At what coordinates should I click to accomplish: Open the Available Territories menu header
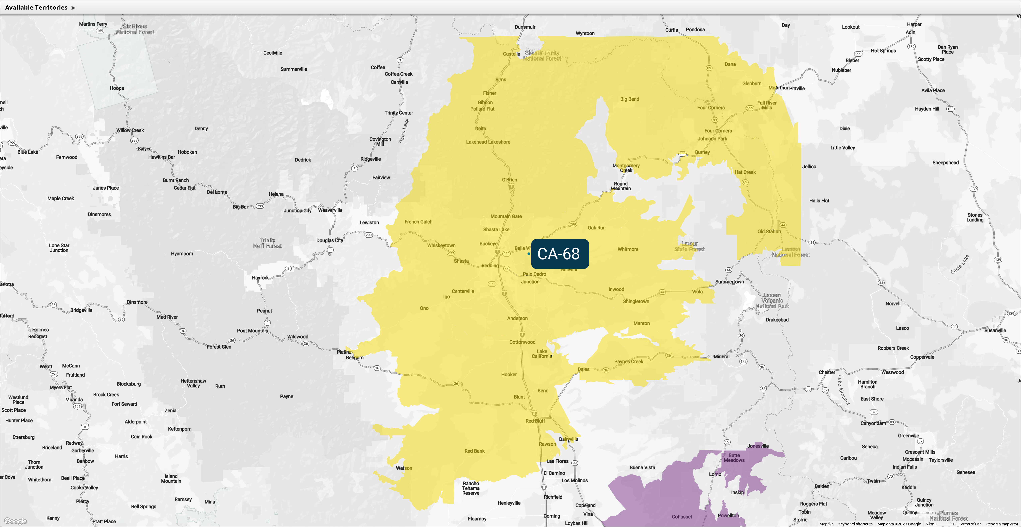(40, 8)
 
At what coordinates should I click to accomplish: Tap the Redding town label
(490, 266)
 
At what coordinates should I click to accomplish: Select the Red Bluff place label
(535, 421)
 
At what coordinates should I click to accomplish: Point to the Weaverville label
(330, 210)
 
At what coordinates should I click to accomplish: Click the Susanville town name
(995, 331)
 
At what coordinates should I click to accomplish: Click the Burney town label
(702, 152)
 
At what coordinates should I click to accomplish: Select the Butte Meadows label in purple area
(734, 458)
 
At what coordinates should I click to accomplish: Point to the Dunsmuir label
(525, 27)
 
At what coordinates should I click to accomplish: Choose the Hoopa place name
(117, 88)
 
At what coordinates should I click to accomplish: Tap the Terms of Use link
(970, 524)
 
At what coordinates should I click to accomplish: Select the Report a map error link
(1002, 524)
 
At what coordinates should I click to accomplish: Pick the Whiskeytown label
(441, 246)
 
